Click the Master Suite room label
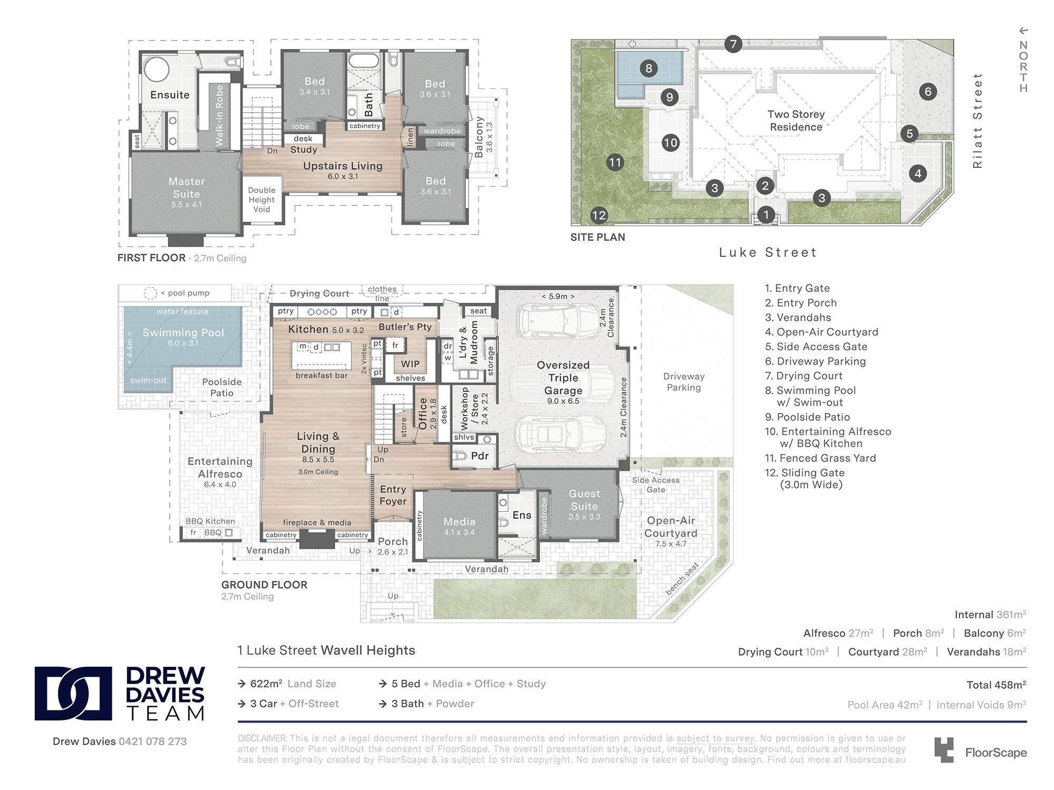point(187,187)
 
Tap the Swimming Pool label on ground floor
point(183,333)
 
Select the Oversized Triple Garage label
point(563,378)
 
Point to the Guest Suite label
point(584,500)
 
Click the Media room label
point(459,521)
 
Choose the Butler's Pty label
point(405,327)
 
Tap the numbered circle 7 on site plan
point(733,44)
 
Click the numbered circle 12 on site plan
point(599,215)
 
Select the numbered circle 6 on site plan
point(928,92)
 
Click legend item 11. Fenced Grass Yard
point(821,458)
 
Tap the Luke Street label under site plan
point(768,253)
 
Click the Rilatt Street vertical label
point(978,121)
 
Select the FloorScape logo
point(980,750)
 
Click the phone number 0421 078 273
point(153,742)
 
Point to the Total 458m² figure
point(996,685)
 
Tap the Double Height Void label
point(261,200)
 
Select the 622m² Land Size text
point(292,684)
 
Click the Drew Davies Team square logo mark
point(73,694)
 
